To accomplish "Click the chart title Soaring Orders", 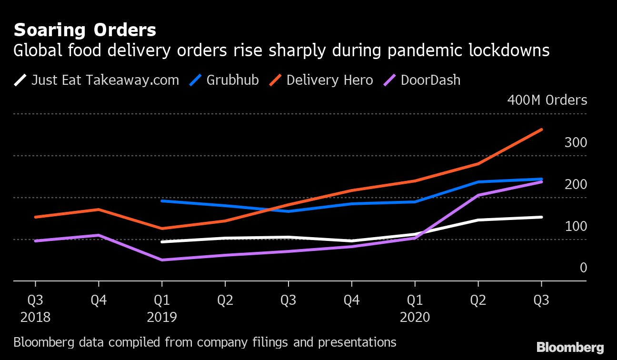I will (x=85, y=30).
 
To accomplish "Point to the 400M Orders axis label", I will (x=547, y=100).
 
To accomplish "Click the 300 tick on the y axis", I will (x=576, y=142).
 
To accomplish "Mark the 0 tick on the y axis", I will (x=583, y=268).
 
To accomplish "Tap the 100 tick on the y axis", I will (x=576, y=226).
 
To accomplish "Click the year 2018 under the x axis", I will (x=35, y=317).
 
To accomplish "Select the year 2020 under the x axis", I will (x=415, y=317).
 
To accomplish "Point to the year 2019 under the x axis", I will (x=162, y=317).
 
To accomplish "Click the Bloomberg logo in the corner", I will (x=570, y=347).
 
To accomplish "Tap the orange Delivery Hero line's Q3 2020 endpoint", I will (x=541, y=130).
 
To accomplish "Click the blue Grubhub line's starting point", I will (x=162, y=201).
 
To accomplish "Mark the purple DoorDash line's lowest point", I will (x=162, y=260).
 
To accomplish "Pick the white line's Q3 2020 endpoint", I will (x=541, y=217).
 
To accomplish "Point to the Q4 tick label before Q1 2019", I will (x=99, y=301).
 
